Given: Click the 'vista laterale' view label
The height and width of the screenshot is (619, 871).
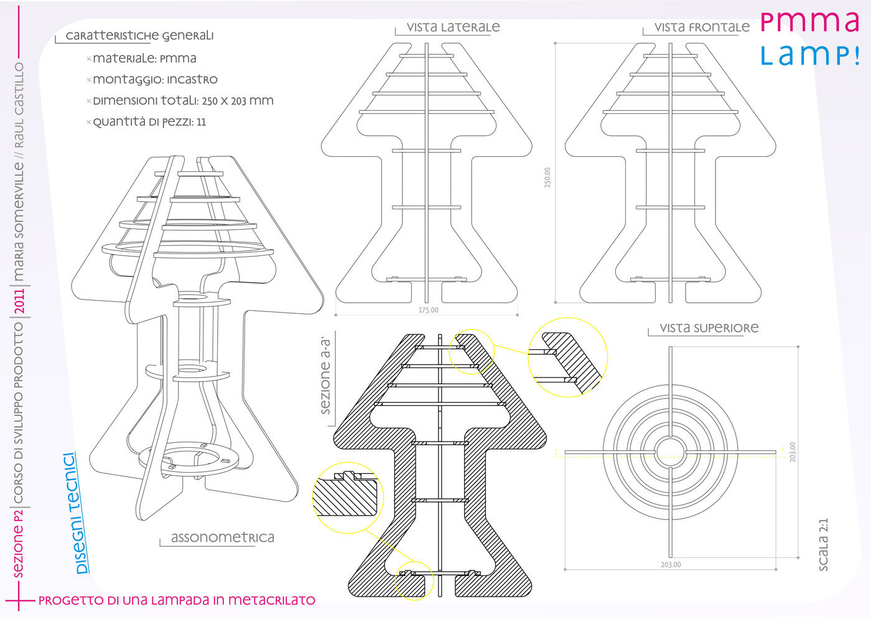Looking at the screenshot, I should pos(453,27).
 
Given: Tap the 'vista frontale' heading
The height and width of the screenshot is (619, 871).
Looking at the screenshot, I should pos(702,27).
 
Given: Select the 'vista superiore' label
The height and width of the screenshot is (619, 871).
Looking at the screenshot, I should pos(709,328).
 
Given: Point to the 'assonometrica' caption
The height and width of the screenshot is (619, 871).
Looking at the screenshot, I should pos(222,537).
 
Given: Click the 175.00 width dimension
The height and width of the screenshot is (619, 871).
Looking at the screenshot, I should pos(428,310).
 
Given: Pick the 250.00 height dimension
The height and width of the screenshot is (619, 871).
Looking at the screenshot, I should pos(547,177).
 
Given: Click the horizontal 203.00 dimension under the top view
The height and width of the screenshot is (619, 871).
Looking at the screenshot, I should pos(671,565).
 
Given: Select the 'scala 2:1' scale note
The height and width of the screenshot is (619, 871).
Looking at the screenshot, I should pos(822,544).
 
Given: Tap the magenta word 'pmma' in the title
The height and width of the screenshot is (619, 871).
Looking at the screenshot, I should pos(810,22).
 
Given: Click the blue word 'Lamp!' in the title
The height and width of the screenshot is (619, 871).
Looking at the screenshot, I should pos(810,55).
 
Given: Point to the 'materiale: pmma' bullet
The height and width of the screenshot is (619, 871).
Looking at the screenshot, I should pos(144,59).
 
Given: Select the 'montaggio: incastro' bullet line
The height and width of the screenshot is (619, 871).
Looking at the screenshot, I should pos(154,80).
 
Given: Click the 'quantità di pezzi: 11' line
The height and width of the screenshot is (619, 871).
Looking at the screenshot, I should pos(149,122).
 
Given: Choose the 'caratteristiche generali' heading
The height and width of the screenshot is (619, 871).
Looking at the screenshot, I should pos(139,36).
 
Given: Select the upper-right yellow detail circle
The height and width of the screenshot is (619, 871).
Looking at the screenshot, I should pos(568,357).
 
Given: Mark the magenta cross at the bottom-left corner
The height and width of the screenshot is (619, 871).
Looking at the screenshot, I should pos(19,600).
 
